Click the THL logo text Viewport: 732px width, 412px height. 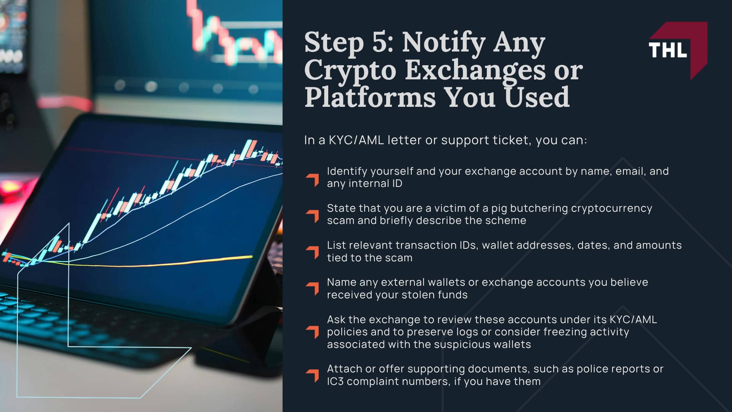tap(668, 50)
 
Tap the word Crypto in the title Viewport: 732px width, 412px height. tap(350, 71)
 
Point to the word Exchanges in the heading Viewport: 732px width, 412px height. tap(475, 71)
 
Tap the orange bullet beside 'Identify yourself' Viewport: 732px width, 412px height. tap(312, 180)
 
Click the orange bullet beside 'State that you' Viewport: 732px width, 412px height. tap(312, 216)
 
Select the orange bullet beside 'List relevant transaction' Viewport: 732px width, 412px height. tap(312, 252)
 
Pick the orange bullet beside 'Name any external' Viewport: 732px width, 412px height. tap(312, 288)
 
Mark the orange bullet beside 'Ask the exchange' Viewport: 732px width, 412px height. tap(312, 332)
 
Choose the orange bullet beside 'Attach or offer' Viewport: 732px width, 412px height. tap(312, 375)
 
